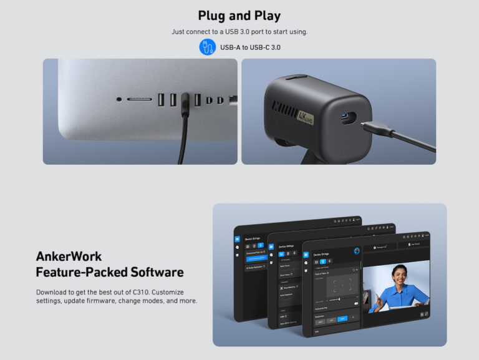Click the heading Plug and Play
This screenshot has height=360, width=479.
point(239,16)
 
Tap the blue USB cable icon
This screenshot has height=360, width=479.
point(207,47)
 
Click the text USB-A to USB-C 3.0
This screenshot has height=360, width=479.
point(250,47)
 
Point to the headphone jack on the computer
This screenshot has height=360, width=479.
point(119,99)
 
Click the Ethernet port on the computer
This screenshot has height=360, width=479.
point(233,99)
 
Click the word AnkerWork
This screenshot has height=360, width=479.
point(69,256)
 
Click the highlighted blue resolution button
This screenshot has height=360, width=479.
point(342,318)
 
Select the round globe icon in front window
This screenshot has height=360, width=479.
point(356,251)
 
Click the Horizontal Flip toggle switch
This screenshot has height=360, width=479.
point(357,304)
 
